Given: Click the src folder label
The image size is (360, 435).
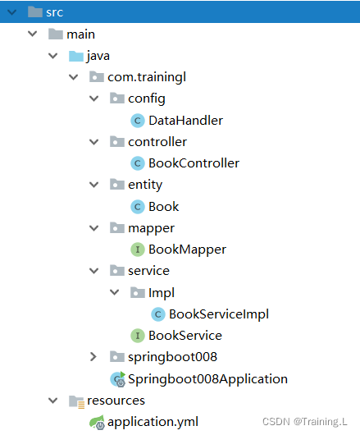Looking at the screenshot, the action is coord(55,13).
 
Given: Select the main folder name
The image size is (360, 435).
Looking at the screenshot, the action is coord(80,34).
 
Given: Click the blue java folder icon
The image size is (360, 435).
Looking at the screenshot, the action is coord(76,56).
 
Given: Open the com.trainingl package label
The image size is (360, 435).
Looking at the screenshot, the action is coord(147,77).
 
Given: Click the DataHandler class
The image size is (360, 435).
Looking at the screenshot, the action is coord(185,121).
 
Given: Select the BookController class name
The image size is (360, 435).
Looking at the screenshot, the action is coord(194,163).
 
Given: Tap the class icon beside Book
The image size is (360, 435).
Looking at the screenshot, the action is coord(138,207).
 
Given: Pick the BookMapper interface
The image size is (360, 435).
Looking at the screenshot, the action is coord(187,250).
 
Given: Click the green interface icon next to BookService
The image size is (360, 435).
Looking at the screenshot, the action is coord(138,336).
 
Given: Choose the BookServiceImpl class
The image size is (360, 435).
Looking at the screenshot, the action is coord(219,314).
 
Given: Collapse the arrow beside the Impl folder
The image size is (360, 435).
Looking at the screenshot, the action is coord(114,292).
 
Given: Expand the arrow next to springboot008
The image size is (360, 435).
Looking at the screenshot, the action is coord(93,357).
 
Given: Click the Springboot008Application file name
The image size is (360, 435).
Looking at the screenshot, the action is coord(207,379).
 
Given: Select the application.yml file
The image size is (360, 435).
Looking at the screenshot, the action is coord(153,422).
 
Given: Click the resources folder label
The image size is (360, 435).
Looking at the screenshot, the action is coord(116,401).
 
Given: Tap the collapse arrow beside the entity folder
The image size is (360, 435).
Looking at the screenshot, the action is coord(94,185).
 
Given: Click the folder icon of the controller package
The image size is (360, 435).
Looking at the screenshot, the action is coord(117,141).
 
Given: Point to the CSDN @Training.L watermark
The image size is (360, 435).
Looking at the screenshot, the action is coord(304,422).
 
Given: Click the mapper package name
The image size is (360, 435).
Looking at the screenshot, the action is coord(151,229).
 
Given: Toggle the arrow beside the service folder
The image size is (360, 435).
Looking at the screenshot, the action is coord(94,271).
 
